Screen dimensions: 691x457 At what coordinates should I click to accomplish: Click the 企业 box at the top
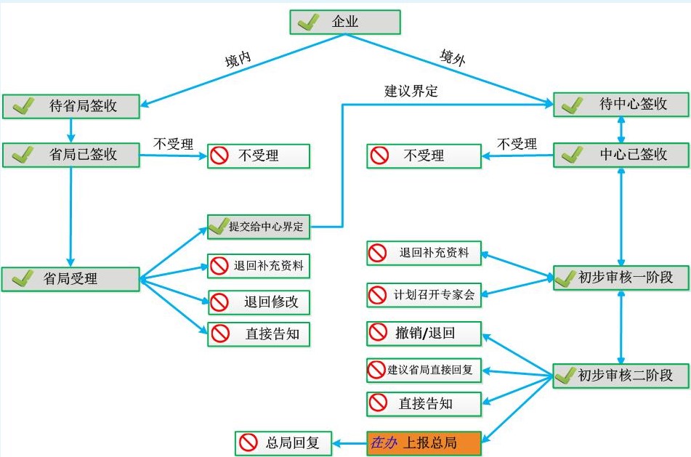pos(345,22)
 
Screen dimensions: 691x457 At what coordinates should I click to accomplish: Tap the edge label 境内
pos(238,59)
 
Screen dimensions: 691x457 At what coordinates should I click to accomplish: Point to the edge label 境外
pos(453,57)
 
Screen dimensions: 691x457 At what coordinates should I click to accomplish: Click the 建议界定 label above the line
pos(411,92)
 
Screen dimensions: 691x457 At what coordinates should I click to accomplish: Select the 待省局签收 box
pos(71,106)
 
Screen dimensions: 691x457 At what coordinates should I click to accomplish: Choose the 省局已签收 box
pos(71,155)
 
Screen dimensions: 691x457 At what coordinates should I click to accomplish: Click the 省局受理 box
pos(70,279)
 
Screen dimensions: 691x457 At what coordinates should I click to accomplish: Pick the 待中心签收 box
pos(621,105)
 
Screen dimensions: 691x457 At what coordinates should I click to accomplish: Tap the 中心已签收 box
pos(621,155)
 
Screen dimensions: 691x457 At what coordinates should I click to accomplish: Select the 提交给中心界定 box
pos(259,227)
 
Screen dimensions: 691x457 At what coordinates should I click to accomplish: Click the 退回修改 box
pos(259,302)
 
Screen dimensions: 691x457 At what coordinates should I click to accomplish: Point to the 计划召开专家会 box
pos(424,295)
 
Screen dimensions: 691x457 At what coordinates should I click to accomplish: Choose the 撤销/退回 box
pos(424,333)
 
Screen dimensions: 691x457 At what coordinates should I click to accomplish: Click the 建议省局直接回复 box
pos(424,370)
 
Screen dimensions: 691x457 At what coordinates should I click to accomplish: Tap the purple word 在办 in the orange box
pos(384,442)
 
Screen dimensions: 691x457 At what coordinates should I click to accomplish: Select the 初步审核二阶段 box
pos(621,376)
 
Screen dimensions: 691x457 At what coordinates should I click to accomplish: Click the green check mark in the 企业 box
pos(309,22)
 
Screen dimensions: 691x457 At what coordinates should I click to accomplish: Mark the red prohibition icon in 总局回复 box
pos(248,442)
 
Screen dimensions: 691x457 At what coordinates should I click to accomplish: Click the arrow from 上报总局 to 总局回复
pos(349,443)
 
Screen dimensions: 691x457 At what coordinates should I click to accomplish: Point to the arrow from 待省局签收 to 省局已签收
pos(71,131)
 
